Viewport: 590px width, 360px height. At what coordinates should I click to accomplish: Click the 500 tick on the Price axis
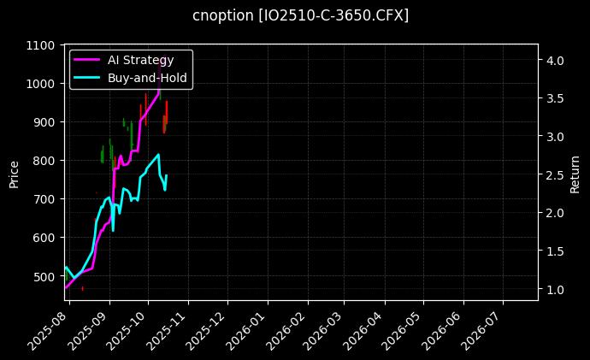coord(44,276)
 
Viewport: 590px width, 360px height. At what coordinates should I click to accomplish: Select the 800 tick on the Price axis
coord(44,161)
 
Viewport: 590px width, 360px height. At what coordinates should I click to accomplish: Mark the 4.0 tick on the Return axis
coord(555,61)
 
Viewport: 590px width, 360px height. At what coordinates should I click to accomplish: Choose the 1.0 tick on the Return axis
coord(555,291)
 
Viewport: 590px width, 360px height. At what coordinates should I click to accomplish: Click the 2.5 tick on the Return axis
coord(555,175)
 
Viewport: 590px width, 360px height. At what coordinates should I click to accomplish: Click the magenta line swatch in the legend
coord(88,60)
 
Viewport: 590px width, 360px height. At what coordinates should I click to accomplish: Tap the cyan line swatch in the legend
coord(88,77)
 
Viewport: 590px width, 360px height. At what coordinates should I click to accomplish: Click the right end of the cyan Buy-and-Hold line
coord(166,176)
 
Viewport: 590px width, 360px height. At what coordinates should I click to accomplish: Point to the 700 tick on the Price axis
coord(44,199)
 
